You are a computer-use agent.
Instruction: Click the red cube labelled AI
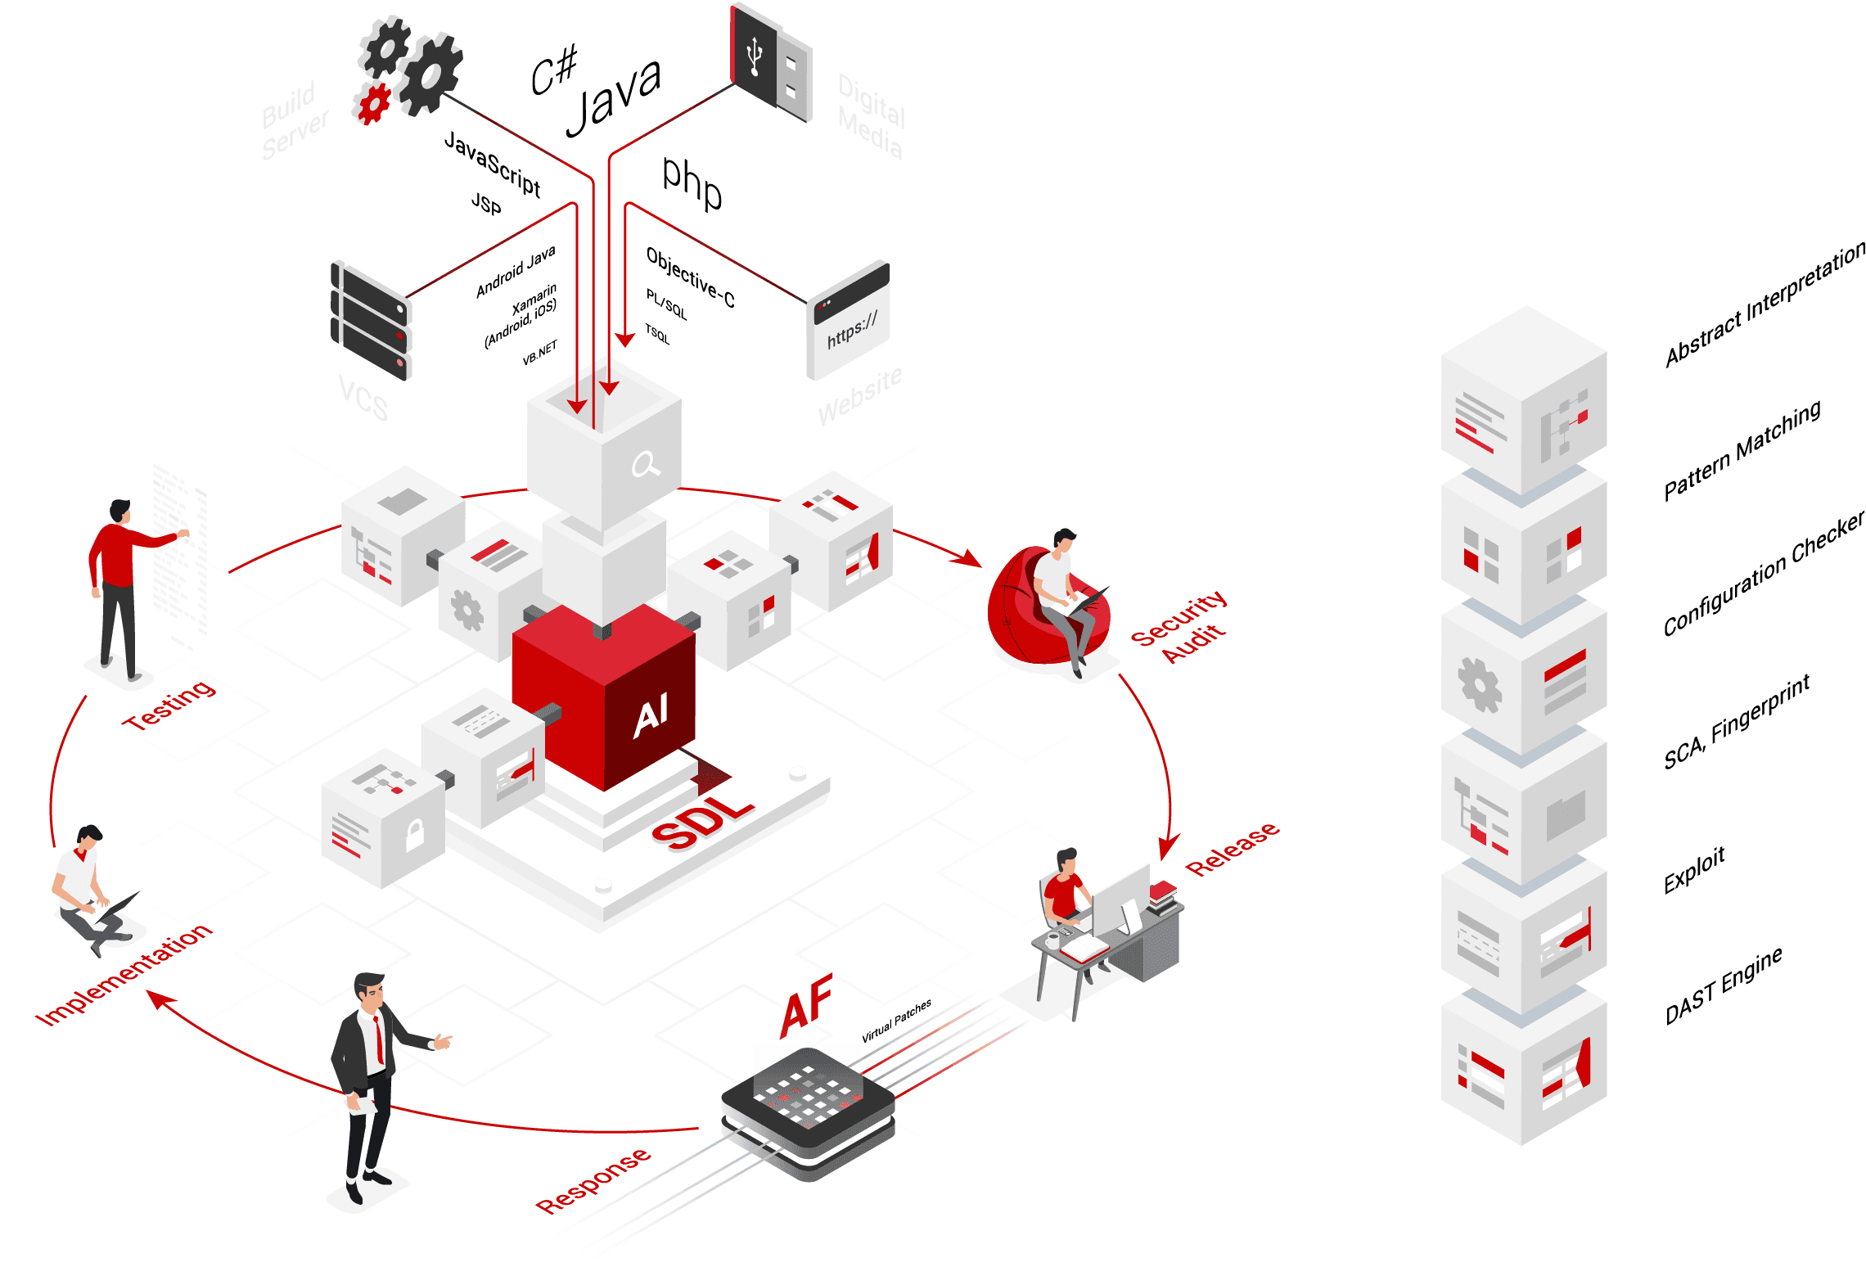click(x=606, y=696)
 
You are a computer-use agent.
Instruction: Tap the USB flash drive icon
click(x=770, y=62)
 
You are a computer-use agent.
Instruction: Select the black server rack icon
click(x=371, y=321)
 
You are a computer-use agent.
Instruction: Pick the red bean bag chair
click(x=1039, y=610)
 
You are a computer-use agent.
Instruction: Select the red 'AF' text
click(x=806, y=1005)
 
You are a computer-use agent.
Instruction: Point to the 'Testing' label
click(x=169, y=705)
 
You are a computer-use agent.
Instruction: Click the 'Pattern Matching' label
click(x=1742, y=449)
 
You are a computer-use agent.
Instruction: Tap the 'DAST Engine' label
click(x=1723, y=986)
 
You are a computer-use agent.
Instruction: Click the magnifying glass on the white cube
click(x=645, y=465)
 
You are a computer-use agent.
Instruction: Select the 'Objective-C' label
click(x=690, y=277)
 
